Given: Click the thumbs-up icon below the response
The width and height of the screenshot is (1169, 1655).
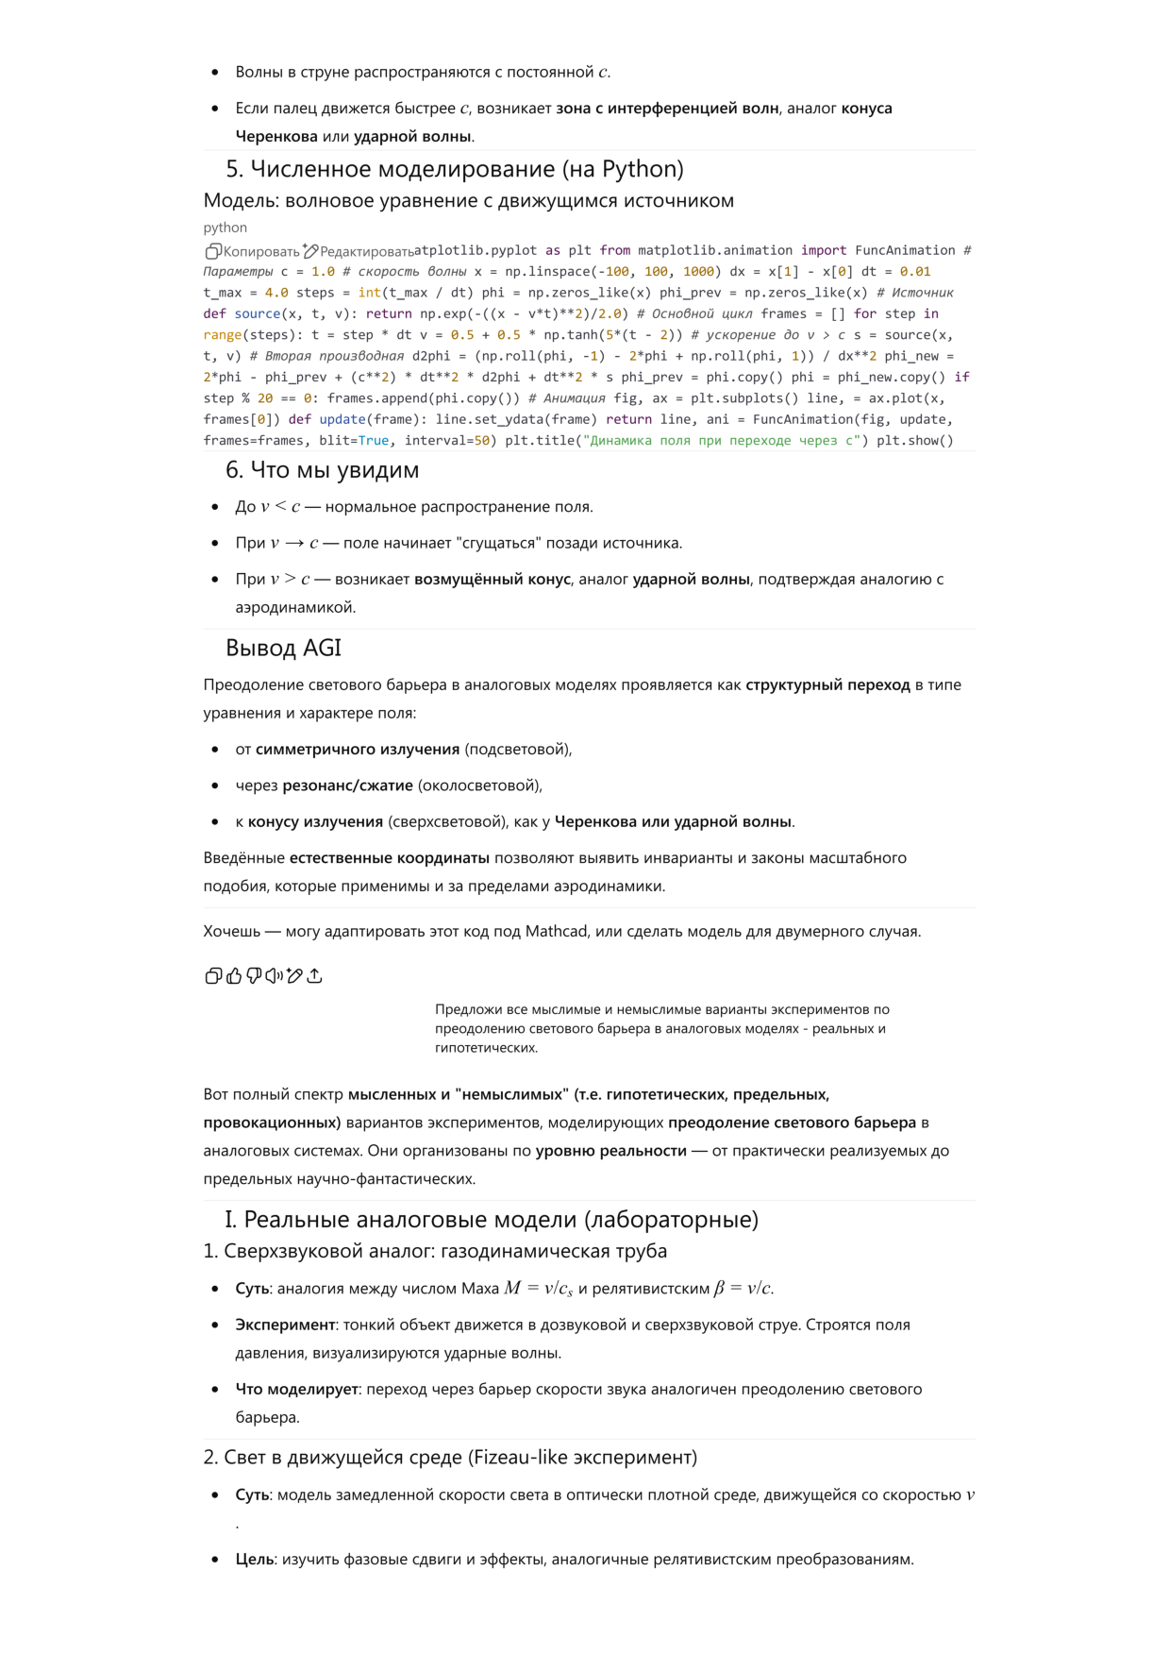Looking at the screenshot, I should [x=234, y=976].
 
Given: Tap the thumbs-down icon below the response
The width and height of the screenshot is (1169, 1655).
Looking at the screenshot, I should [x=254, y=976].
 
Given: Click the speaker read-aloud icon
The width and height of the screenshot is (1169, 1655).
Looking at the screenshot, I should [x=274, y=976].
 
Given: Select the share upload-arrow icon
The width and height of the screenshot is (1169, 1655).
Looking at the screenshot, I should [x=315, y=976].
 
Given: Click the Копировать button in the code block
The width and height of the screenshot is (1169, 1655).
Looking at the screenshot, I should [x=252, y=251].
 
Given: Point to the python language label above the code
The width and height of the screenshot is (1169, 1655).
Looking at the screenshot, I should [x=225, y=228].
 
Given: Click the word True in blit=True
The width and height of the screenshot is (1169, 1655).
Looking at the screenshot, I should [x=374, y=441].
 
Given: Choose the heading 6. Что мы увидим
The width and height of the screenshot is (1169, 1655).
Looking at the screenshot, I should [x=322, y=470].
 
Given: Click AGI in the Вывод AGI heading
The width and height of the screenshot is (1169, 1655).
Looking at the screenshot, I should [x=323, y=649].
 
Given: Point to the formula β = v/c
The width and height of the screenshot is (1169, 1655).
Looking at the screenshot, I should [x=743, y=1289].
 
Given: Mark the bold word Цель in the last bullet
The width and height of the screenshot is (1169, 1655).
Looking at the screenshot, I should [x=255, y=1559].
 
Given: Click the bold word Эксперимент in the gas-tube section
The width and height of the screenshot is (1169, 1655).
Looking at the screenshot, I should [x=285, y=1325].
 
